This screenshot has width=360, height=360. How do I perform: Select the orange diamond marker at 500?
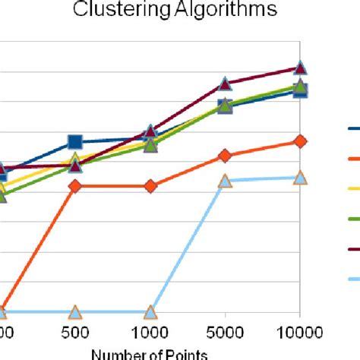point(75,186)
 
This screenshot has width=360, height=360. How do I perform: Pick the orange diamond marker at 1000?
point(150,186)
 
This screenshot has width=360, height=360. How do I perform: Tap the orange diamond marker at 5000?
point(225,156)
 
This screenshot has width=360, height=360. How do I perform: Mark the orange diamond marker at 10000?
point(300,141)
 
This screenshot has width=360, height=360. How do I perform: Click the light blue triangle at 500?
point(75,312)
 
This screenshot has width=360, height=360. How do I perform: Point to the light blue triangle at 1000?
point(150,312)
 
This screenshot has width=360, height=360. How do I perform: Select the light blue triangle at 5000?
point(225,181)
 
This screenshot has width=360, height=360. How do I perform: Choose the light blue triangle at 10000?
point(300,177)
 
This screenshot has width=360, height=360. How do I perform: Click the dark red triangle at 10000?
point(300,68)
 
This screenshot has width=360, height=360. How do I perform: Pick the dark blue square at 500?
point(75,142)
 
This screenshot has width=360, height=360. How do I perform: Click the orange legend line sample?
point(353,159)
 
